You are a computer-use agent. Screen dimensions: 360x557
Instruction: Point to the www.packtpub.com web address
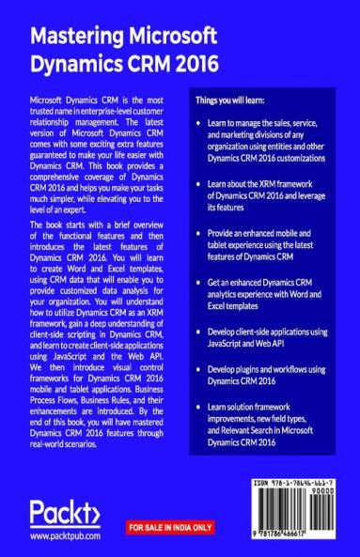tap(65, 536)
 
